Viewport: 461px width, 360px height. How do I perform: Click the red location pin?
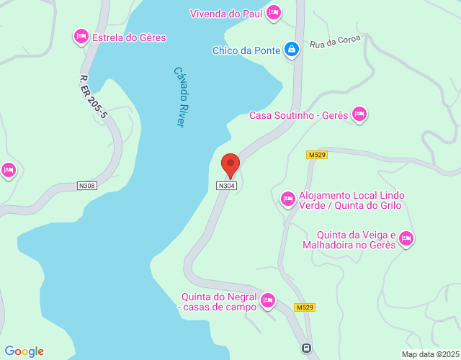(230, 165)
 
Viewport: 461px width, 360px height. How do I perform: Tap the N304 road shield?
(226, 186)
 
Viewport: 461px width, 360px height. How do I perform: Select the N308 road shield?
(86, 186)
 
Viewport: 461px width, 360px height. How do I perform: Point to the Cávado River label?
(180, 97)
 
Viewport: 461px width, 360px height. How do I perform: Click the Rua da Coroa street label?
(335, 42)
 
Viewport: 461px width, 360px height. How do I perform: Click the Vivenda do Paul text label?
(225, 14)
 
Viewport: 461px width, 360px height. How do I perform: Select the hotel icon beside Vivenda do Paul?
(273, 12)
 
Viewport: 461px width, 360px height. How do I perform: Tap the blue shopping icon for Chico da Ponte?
(291, 50)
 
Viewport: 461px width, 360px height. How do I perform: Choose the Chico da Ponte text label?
(246, 50)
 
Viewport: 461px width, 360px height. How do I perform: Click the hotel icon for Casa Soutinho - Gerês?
(359, 114)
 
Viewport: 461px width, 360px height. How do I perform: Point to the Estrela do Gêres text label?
(129, 37)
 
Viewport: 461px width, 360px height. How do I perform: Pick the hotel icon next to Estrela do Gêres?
(81, 36)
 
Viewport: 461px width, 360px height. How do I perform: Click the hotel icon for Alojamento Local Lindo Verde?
(288, 199)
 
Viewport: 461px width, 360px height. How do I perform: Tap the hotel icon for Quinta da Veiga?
(406, 238)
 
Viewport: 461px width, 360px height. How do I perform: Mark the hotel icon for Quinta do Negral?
(268, 300)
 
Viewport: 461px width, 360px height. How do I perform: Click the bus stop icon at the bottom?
(306, 348)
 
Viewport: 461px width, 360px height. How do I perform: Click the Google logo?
(24, 351)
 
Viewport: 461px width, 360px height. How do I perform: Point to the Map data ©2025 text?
(429, 354)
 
